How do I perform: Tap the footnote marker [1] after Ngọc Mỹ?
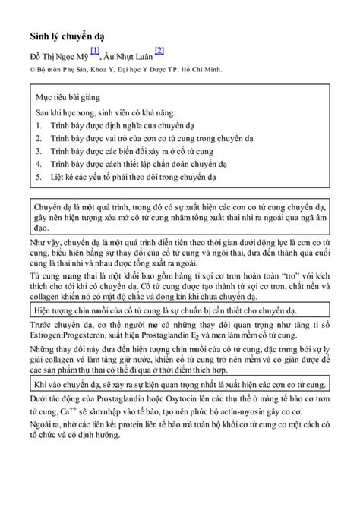pos(94,51)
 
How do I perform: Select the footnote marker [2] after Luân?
pos(159,51)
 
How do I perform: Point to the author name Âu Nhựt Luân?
pos(128,55)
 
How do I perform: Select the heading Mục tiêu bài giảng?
pos(68,98)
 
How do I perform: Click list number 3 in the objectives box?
pos(39,151)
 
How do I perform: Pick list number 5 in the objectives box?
pos(39,176)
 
